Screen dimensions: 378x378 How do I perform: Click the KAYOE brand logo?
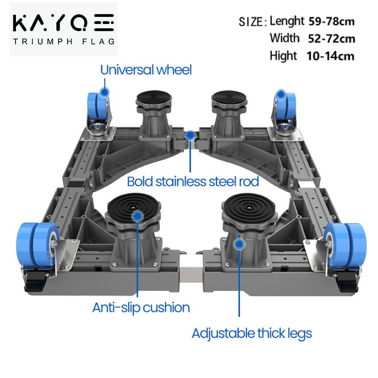[x=63, y=23]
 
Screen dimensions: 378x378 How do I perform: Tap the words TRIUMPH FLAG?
[x=63, y=41]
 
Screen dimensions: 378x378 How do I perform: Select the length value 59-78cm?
[x=331, y=21]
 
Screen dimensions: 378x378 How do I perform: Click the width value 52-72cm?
[x=331, y=38]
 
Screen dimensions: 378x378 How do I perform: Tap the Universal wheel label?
[x=146, y=70]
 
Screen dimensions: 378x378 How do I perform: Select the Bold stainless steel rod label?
[x=193, y=181]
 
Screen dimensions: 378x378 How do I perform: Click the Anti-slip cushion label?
[x=141, y=308]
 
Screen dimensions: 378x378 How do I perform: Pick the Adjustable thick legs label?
[x=251, y=333]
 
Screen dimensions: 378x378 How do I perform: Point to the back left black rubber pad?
[x=153, y=98]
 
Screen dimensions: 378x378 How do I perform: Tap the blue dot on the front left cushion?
[x=137, y=216]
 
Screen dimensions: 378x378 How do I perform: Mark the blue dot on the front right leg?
[x=239, y=244]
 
